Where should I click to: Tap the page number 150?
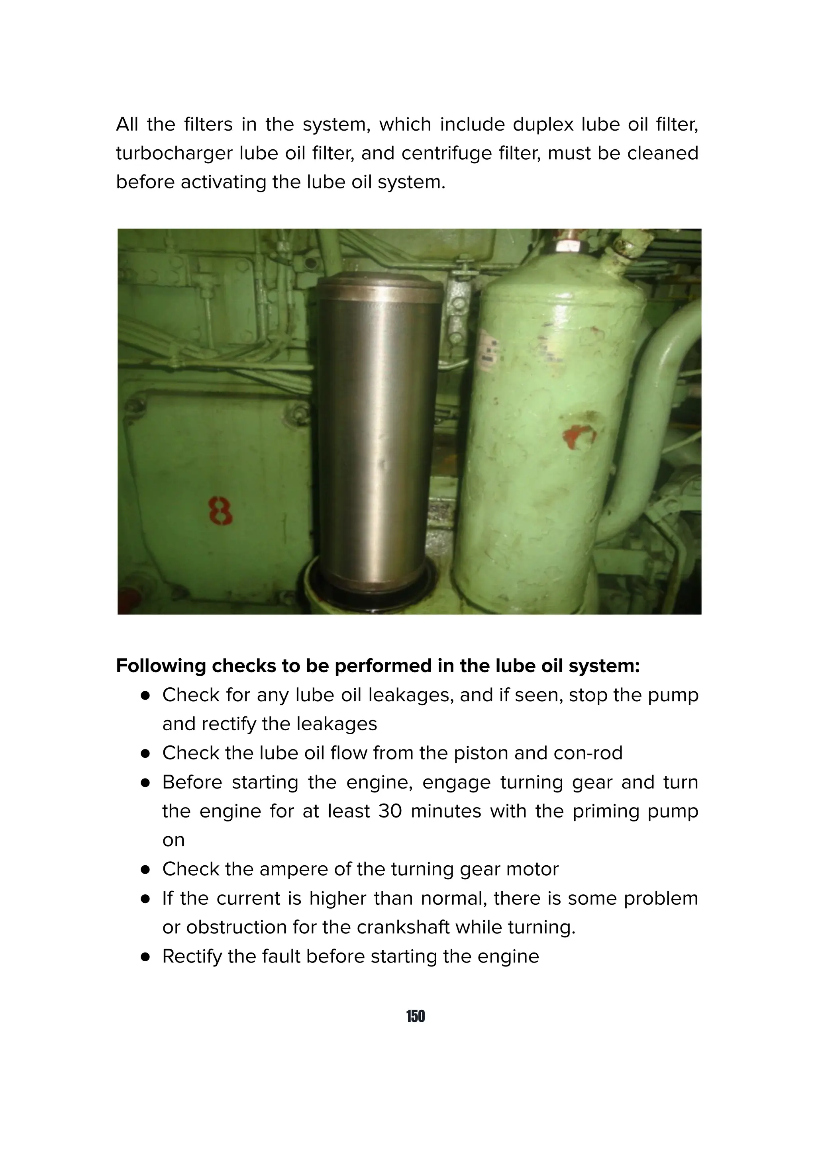(x=415, y=1016)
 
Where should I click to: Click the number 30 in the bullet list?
(x=390, y=811)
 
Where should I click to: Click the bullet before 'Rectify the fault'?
(x=146, y=957)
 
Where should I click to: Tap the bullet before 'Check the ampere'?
(x=146, y=870)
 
